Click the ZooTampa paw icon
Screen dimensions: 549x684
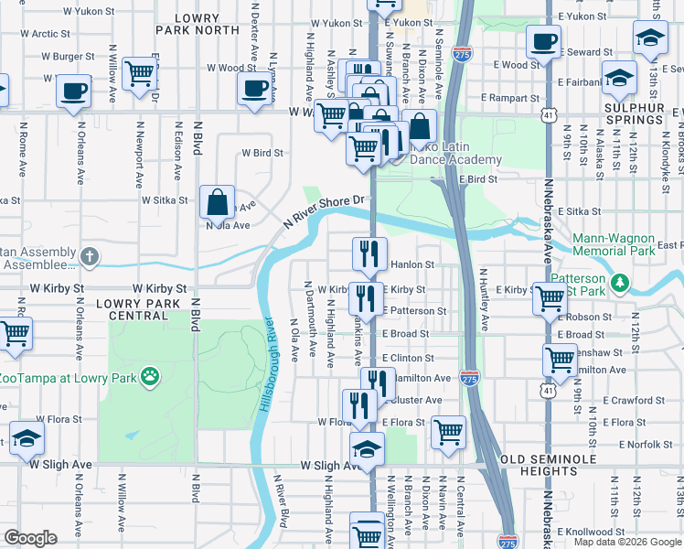149,376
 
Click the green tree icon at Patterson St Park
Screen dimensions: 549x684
620,281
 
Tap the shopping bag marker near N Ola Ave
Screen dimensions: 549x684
218,200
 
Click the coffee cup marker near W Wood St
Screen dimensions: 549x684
255,88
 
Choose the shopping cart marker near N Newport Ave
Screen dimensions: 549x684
139,72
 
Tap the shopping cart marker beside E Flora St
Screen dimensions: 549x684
448,431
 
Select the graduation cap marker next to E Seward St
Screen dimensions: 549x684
651,38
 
